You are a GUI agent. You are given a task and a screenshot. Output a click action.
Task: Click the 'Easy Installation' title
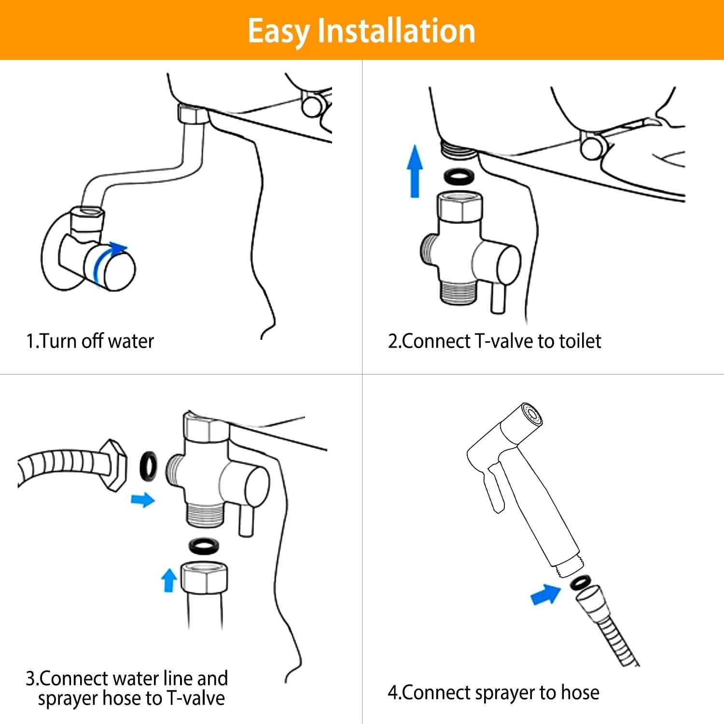point(362,30)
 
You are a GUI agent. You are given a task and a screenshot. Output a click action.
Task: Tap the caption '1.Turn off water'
point(90,341)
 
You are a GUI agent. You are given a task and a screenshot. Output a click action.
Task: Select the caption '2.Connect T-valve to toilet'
point(494,341)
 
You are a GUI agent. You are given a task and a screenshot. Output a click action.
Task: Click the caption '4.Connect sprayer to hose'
point(493,693)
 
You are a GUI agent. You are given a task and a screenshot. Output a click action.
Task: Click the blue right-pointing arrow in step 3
point(143,500)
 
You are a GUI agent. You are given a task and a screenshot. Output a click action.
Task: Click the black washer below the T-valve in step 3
point(203,545)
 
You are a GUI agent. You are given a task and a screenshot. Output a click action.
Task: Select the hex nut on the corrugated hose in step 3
point(115,465)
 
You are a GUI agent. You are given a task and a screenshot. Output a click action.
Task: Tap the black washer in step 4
point(578,583)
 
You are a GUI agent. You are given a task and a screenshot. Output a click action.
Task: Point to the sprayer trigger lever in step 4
point(496,487)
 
